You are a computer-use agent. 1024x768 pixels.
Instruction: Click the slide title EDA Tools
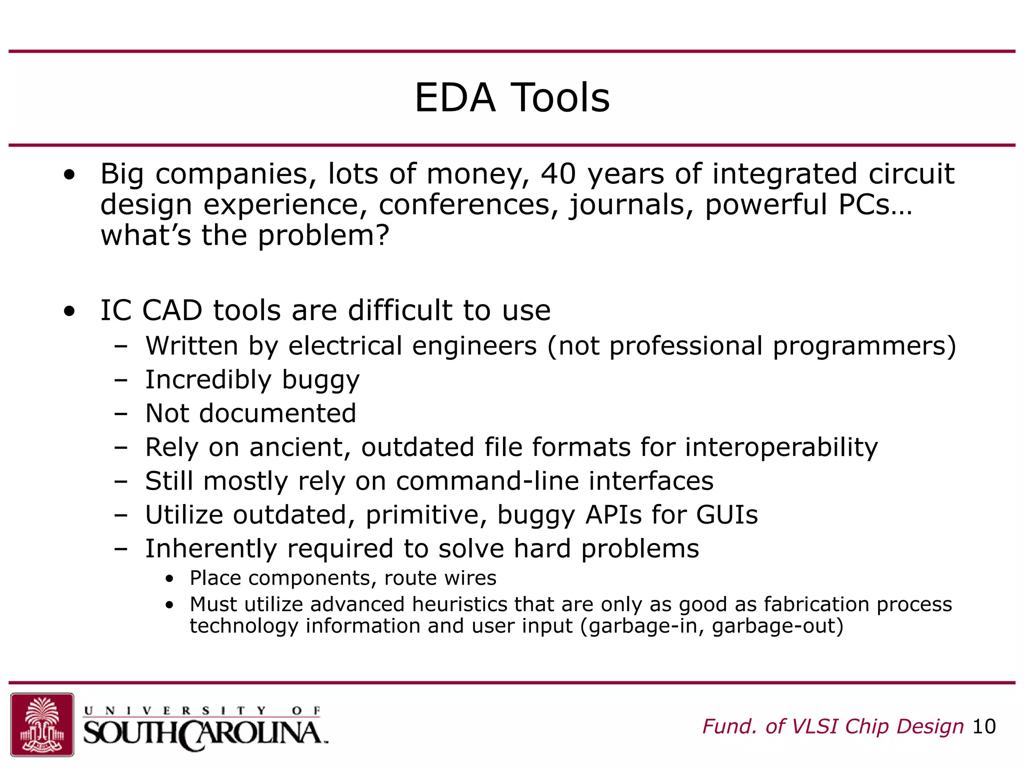[512, 98]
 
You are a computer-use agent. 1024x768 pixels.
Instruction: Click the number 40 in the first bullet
[558, 174]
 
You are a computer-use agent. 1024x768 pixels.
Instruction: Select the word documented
[277, 413]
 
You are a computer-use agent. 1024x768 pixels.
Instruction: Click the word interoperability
[781, 447]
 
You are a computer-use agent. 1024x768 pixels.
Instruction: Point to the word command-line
[487, 481]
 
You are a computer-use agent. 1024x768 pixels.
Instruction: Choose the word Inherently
[210, 548]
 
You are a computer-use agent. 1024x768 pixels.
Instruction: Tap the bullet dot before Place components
[170, 579]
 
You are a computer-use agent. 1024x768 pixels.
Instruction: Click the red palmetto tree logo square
[42, 724]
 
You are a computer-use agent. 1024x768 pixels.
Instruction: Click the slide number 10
[983, 726]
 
